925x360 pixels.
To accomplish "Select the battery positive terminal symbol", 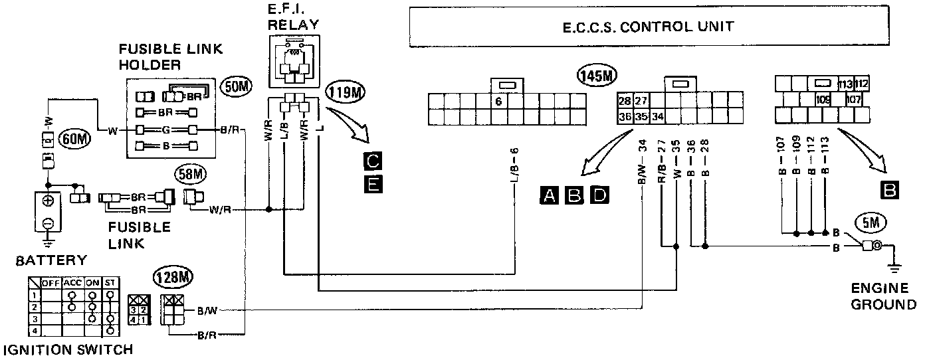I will point(49,201).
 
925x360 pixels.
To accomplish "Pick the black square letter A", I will point(549,195).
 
